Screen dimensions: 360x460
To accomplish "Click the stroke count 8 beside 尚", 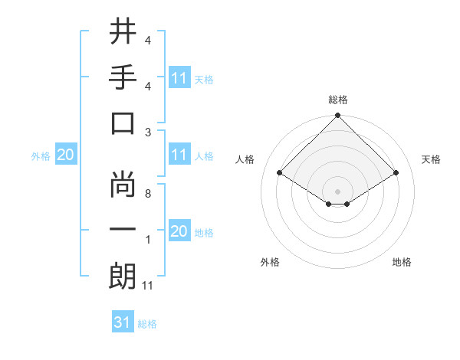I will coord(147,194).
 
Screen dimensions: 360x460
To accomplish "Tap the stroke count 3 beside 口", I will coord(147,132).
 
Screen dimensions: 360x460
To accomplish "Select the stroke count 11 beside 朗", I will coord(149,286).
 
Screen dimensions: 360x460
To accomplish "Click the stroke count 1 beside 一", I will coord(147,240).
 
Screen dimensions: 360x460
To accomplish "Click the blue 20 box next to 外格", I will coord(65,155).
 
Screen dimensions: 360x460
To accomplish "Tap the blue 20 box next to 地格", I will coord(179,231).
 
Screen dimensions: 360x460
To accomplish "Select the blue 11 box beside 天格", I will coord(179,78).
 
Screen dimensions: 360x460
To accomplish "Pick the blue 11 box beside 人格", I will coord(179,155).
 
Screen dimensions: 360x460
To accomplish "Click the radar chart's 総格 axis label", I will coord(337,100).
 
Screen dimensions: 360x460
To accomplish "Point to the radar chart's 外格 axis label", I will coord(270,262).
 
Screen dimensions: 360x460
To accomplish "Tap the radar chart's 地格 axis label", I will coord(402,262).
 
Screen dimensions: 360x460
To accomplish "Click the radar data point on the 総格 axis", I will coord(337,116).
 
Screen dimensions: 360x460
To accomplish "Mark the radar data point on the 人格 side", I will coord(279,172).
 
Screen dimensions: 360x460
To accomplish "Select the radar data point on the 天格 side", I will coord(396,172).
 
